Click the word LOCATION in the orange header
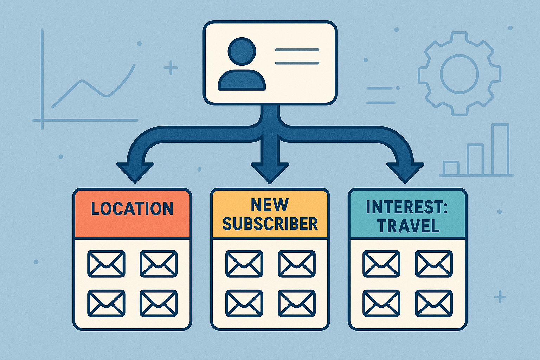coord(132,208)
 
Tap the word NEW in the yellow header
coord(270,205)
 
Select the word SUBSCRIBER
coord(270,224)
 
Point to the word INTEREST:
coord(406,207)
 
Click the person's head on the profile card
coord(242,51)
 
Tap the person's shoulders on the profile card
coord(242,81)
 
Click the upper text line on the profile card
coord(297,50)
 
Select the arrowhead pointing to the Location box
coord(135,172)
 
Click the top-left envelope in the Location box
coord(106,264)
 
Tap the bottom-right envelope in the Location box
coord(158,303)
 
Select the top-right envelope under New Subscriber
coord(296,264)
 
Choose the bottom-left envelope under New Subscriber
coord(244,303)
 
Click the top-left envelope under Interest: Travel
coord(381,264)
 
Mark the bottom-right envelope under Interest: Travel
coord(434,303)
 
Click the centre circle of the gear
coord(459,74)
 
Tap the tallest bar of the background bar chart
coord(500,149)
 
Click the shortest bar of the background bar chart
coord(451,168)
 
